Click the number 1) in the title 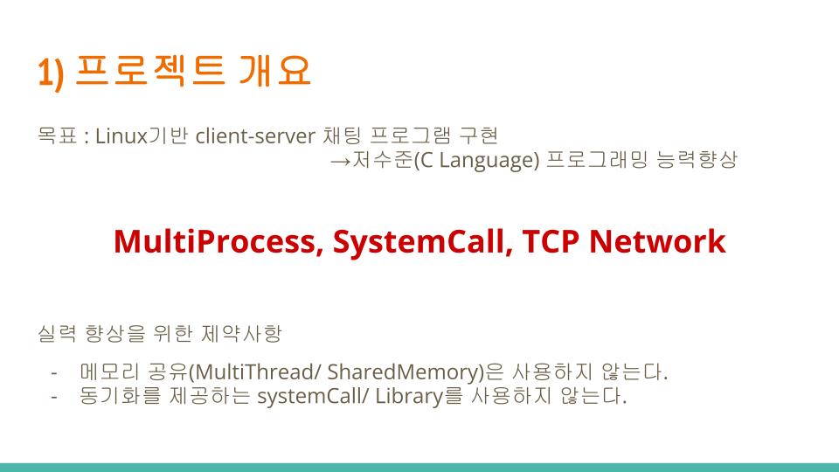click(x=51, y=73)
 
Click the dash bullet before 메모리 click(x=54, y=373)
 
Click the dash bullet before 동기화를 click(x=54, y=397)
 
